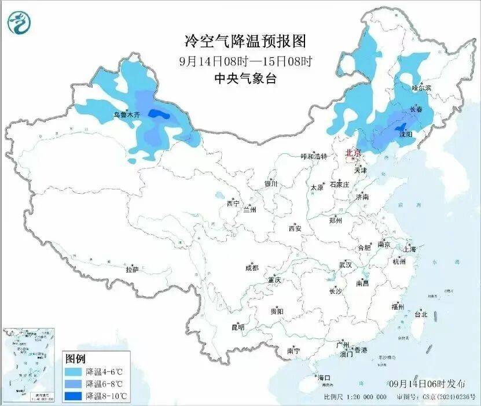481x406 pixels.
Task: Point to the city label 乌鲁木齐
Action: pos(126,115)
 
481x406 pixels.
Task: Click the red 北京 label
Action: pos(353,153)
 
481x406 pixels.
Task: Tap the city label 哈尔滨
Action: pos(421,88)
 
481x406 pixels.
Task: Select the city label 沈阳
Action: pos(406,134)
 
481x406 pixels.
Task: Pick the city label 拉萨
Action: pos(133,270)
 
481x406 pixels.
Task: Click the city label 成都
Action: pos(252,268)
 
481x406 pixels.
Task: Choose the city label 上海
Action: pos(410,249)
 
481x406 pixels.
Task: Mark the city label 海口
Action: pos(324,378)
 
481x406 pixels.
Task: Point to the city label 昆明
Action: pos(238,327)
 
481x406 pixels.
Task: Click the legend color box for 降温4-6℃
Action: pos(74,371)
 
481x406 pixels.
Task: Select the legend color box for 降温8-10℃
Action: pos(74,396)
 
